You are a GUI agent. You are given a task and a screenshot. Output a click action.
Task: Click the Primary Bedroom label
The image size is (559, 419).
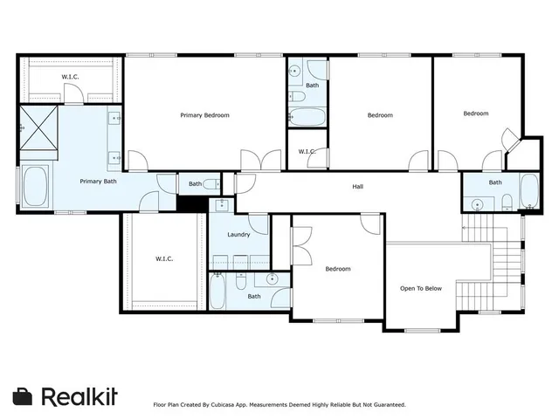point(204,115)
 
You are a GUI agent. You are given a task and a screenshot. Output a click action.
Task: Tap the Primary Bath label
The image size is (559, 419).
point(98,182)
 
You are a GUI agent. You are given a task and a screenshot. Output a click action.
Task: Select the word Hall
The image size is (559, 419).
point(357,186)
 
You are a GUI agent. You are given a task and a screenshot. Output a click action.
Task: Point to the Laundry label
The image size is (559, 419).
point(238,235)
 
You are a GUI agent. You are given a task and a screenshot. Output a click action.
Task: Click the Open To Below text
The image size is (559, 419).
point(420,287)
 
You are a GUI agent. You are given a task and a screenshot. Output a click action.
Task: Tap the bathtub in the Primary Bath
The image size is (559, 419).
point(34,187)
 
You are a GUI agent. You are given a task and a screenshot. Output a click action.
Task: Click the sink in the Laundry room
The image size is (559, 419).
point(221,205)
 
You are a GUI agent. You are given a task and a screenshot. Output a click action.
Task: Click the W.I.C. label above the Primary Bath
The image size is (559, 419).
point(70,78)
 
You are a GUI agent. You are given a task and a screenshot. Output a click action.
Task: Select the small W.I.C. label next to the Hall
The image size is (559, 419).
point(307,152)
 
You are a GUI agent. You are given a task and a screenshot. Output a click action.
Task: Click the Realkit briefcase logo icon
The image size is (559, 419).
point(23,396)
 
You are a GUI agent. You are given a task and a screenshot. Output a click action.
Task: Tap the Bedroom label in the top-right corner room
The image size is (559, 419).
point(475,113)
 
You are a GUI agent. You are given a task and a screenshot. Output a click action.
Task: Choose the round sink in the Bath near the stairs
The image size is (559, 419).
point(477,205)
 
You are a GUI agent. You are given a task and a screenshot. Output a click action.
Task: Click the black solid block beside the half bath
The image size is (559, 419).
point(192,203)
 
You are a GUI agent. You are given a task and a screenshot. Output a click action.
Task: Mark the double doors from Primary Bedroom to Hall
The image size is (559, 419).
point(261,160)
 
